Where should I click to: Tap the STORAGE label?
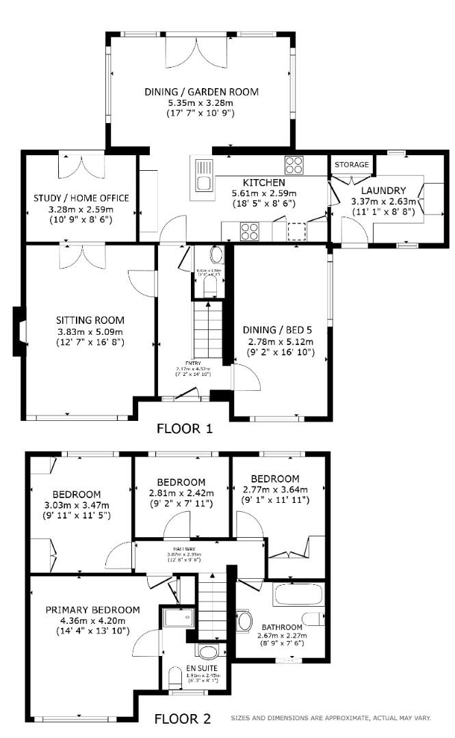click(x=352, y=165)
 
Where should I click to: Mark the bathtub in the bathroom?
click(x=298, y=595)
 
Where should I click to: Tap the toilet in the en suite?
click(x=176, y=679)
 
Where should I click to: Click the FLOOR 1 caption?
click(x=185, y=429)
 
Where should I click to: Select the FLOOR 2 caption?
click(x=182, y=719)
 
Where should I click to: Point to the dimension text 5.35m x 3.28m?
click(x=201, y=102)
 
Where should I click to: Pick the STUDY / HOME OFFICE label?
click(x=81, y=198)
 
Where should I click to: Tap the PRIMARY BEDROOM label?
click(x=92, y=610)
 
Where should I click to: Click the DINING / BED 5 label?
click(x=280, y=329)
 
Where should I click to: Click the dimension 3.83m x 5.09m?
click(x=90, y=331)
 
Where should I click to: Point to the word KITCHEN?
click(x=264, y=182)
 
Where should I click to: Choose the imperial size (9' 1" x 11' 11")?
click(x=276, y=500)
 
